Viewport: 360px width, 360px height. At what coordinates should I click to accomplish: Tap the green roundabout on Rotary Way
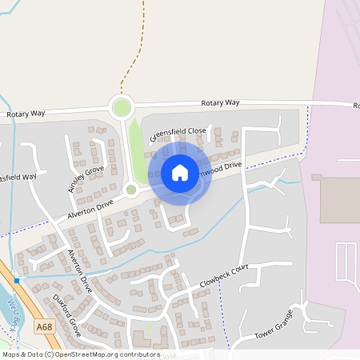tap(121, 106)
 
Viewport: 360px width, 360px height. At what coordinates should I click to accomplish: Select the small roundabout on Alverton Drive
tap(131, 190)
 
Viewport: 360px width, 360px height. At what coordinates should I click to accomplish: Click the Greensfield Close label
tap(178, 134)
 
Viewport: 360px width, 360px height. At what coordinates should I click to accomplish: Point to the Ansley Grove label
tap(86, 179)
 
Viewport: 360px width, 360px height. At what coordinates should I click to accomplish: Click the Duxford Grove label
tap(67, 314)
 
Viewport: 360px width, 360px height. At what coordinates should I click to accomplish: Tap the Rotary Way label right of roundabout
tap(221, 103)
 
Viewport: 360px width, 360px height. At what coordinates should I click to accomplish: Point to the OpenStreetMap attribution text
tap(80, 354)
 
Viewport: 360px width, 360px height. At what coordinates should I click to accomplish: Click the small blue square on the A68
tap(16, 280)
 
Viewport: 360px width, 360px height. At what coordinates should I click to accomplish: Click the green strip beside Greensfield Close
tap(138, 152)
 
